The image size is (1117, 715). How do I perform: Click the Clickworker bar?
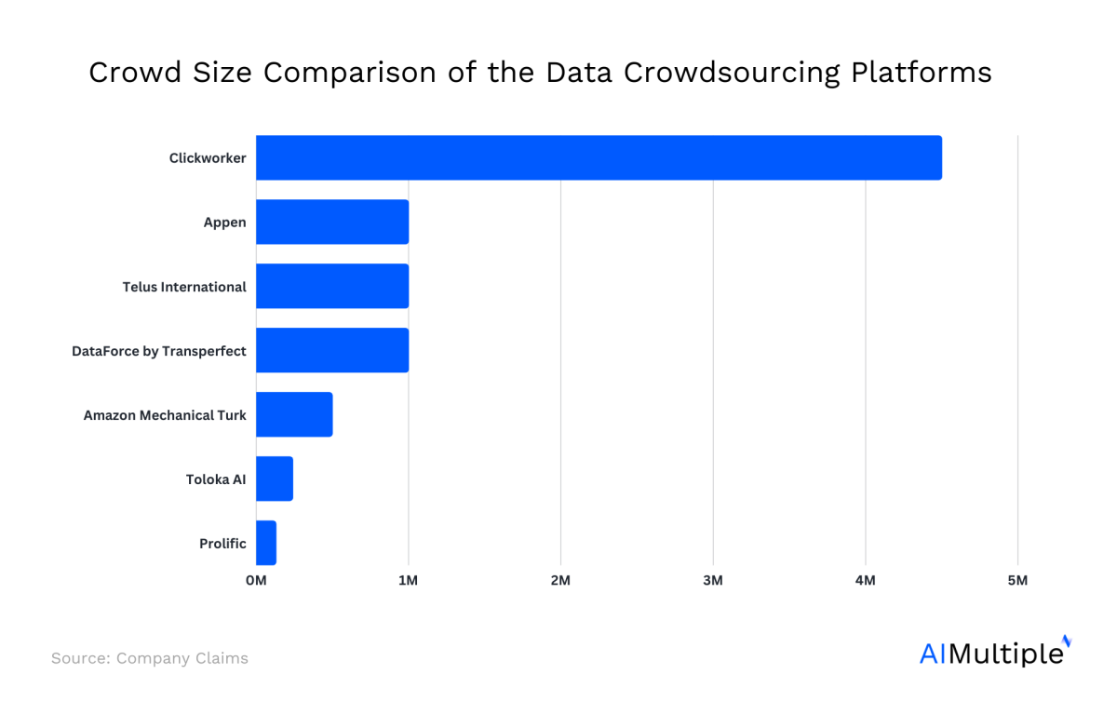coord(599,157)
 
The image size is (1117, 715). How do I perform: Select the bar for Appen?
coord(332,222)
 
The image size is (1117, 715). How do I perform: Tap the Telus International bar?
coord(332,286)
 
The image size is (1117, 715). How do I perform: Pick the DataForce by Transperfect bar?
coord(332,350)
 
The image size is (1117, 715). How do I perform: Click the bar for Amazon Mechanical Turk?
coord(294,414)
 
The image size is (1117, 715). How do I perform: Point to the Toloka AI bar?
coord(275,479)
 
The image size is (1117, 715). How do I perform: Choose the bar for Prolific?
coord(266,543)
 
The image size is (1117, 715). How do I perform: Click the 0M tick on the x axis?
coord(256,581)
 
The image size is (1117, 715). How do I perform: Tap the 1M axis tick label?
coord(408,581)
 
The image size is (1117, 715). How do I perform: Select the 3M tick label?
coord(713,581)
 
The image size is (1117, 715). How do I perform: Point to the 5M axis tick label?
coord(1017,581)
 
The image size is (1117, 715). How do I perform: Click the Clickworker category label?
coord(208,158)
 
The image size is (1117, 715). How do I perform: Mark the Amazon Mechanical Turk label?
coord(165,415)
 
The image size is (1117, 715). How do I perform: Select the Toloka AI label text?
coord(216,479)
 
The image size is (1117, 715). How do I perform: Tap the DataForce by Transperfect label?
coord(159,351)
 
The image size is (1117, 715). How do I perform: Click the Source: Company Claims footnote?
coord(150,658)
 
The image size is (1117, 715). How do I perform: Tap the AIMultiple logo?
coord(994,652)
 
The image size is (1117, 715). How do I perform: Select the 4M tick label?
coord(865,581)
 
